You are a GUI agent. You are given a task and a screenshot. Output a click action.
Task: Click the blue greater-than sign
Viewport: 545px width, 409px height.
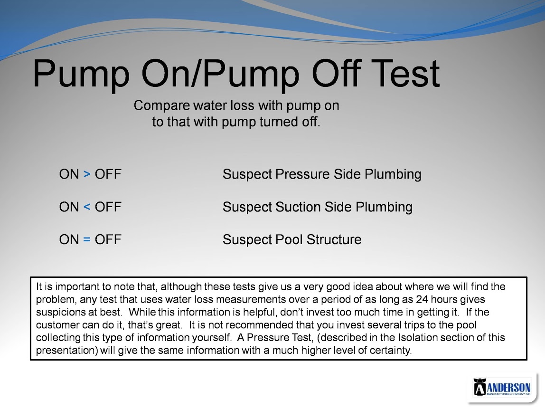click(87, 174)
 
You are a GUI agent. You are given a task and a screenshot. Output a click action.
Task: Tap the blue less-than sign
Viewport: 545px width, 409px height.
click(87, 207)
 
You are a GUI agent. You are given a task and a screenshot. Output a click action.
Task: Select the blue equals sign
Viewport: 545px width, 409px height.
click(87, 239)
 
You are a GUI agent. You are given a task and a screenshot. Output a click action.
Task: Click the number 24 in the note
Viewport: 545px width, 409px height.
click(422, 299)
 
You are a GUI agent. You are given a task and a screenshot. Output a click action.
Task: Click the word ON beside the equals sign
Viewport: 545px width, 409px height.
click(69, 239)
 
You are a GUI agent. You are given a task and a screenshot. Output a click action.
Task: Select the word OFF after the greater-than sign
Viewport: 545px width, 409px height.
click(108, 174)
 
